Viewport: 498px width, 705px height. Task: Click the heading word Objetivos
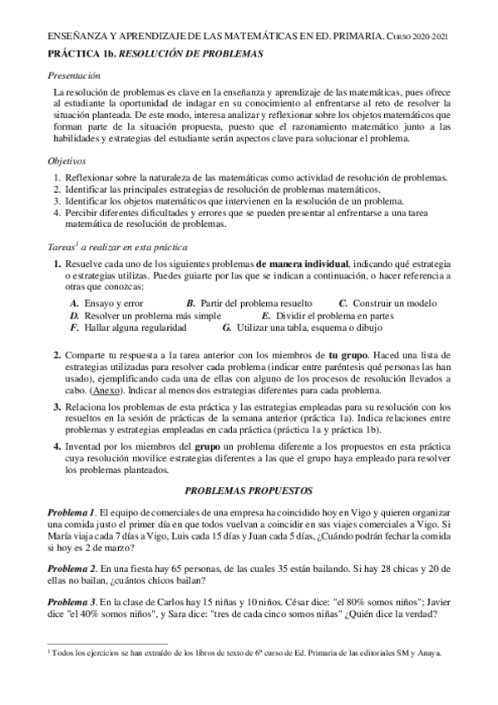69,160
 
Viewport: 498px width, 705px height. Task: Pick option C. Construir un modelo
391,304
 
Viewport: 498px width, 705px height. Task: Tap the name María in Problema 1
65,537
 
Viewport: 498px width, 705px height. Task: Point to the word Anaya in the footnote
433,653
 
